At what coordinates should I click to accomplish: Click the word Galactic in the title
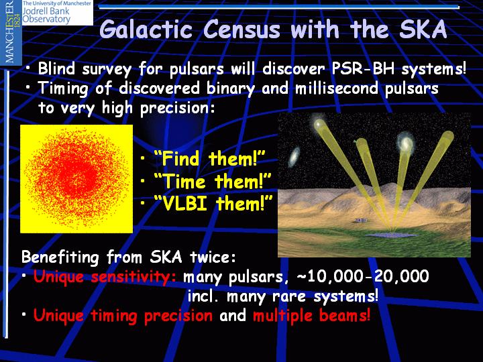tap(146, 29)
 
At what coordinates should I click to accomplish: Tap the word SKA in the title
tap(423, 29)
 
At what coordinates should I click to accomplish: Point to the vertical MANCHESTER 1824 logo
tap(11, 32)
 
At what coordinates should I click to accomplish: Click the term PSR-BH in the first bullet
tap(364, 68)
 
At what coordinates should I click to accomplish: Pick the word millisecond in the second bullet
tap(337, 88)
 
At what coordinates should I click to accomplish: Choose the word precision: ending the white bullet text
tap(177, 109)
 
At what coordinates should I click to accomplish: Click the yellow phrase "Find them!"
tap(209, 158)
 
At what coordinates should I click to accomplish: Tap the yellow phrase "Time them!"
tap(212, 181)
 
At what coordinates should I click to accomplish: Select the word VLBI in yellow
tap(185, 204)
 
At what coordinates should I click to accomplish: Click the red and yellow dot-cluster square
tap(76, 179)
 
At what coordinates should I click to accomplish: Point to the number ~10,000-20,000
tap(363, 276)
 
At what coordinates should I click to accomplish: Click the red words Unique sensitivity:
tap(105, 276)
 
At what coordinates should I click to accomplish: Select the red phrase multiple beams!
tap(311, 316)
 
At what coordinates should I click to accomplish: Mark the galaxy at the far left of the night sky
tap(294, 156)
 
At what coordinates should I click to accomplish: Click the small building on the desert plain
tap(361, 221)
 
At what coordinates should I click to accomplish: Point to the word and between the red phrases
tap(233, 316)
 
